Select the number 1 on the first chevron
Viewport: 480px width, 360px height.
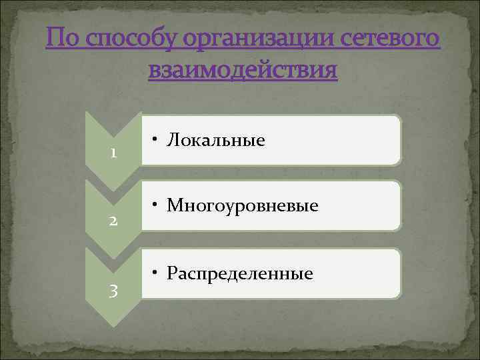click(114, 153)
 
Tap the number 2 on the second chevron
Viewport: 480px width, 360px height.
click(114, 221)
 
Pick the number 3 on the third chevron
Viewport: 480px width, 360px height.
click(114, 290)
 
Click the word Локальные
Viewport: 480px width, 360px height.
click(216, 140)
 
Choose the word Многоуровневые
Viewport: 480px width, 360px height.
click(243, 205)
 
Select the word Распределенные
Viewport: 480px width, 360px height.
click(240, 273)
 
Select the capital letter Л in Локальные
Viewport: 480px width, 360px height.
click(173, 140)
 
